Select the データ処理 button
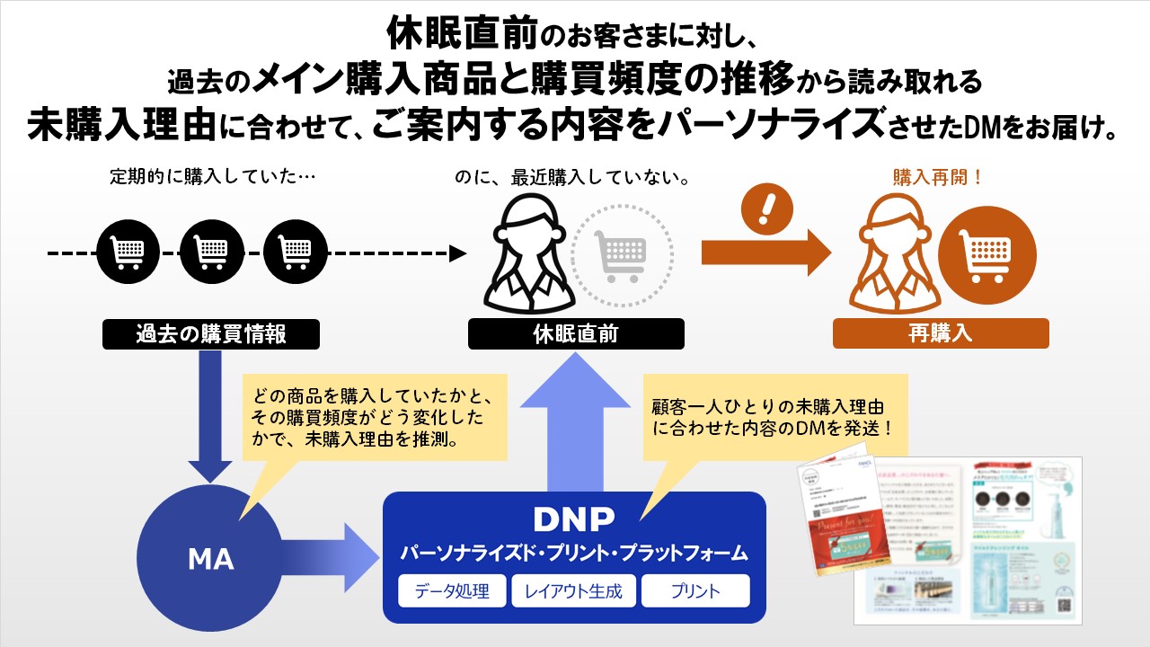point(452,590)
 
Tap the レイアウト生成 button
point(573,590)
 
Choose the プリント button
point(694,590)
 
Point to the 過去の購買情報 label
point(211,334)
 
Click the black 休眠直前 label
point(576,334)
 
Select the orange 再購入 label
point(940,334)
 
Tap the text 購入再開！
point(938,177)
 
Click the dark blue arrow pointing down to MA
point(210,413)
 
